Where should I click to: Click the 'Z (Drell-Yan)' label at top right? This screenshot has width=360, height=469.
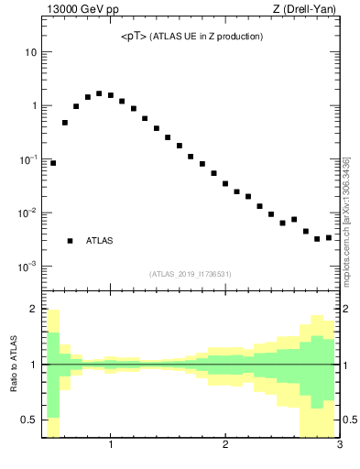307,10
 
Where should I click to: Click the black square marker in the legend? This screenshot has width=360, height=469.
70,241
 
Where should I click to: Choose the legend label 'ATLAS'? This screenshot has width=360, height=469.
100,241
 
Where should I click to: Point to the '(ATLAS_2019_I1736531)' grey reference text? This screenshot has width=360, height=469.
191,274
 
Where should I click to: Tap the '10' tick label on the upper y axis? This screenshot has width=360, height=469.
30,52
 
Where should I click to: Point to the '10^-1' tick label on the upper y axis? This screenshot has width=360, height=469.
27,159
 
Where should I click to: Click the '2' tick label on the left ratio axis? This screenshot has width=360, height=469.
33,310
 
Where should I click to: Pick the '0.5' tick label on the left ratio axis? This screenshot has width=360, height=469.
28,420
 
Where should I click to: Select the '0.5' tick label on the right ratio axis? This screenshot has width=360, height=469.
351,420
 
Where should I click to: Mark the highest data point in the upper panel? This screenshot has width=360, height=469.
99,93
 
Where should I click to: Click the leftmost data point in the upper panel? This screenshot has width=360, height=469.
53,163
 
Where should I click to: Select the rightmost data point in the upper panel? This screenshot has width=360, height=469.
328,237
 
